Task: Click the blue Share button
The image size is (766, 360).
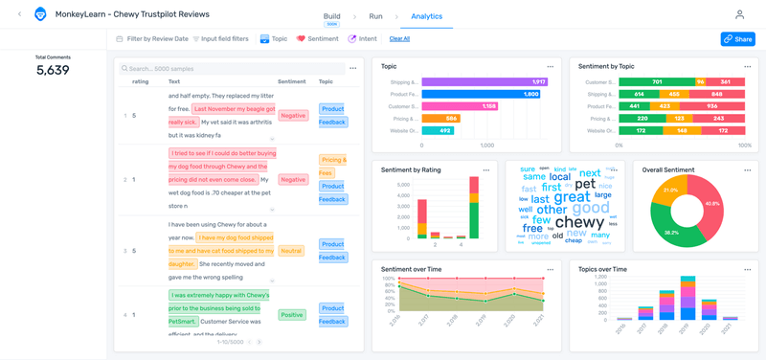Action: (x=737, y=39)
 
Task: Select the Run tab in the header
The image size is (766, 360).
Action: (x=375, y=16)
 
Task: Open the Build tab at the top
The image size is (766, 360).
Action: (x=331, y=16)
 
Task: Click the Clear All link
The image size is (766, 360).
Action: (x=399, y=39)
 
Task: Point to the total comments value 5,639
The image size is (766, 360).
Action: (x=53, y=70)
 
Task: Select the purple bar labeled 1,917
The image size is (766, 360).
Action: (x=484, y=82)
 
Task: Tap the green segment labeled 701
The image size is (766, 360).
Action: (x=657, y=82)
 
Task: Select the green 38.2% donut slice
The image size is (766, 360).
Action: (x=673, y=230)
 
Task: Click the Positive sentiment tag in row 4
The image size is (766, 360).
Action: (x=292, y=314)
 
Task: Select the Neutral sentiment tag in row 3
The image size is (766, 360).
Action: (x=291, y=251)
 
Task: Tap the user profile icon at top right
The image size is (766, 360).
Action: (x=739, y=15)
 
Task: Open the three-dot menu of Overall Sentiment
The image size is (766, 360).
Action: (x=748, y=170)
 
